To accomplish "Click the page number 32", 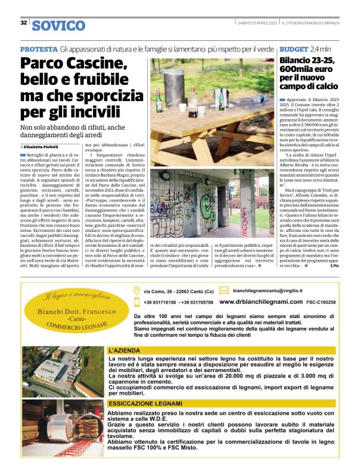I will click(24, 22).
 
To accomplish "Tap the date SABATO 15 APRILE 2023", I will click(257, 23).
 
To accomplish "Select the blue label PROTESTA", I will click(38, 48).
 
